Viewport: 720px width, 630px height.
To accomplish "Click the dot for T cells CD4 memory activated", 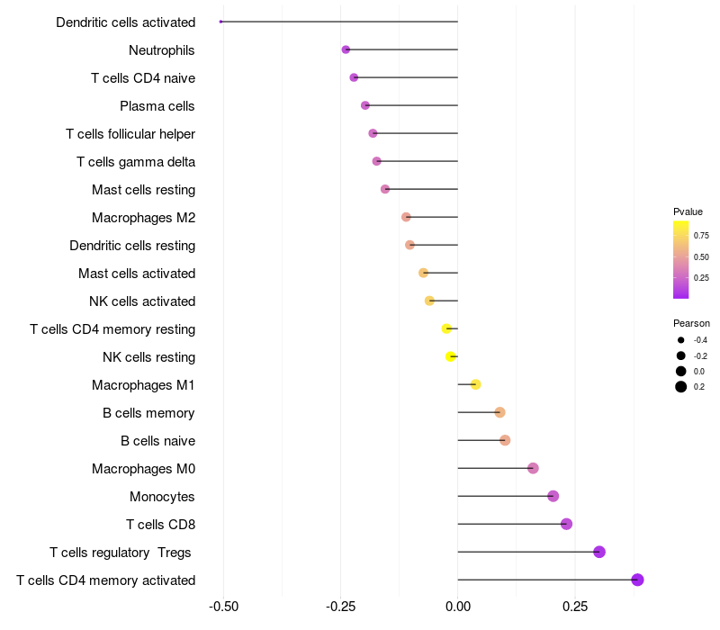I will pos(637,580).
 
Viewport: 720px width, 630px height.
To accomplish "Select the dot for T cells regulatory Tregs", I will pos(599,552).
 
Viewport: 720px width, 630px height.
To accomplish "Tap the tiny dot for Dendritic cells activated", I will pos(220,22).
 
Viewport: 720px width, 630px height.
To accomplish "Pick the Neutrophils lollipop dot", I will pos(346,49).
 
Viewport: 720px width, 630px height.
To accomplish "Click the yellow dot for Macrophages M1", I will pos(476,385).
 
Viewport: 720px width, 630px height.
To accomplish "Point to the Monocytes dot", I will pos(553,496).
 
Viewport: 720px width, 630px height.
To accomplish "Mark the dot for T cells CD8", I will pos(566,524).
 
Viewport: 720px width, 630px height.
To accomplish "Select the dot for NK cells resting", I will pos(451,356).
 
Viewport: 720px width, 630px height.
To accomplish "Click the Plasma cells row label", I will pos(157,106).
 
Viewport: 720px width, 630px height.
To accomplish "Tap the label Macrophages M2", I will pos(143,218).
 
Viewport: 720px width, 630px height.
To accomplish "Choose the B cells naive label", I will pos(157,441).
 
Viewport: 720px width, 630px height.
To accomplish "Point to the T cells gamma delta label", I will pos(136,162).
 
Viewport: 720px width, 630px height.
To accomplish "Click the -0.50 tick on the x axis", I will pos(223,607).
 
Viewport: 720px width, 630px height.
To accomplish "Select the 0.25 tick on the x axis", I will pos(575,607).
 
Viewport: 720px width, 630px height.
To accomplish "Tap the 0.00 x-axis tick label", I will pos(458,607).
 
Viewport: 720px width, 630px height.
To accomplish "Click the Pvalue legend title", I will pos(688,211).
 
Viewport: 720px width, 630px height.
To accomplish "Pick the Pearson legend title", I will pos(691,323).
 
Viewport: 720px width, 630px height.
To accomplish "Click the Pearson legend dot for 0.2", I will pos(681,387).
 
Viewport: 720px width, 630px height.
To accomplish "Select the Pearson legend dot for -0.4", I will pos(681,340).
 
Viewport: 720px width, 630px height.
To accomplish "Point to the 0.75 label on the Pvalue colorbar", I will pos(701,236).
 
